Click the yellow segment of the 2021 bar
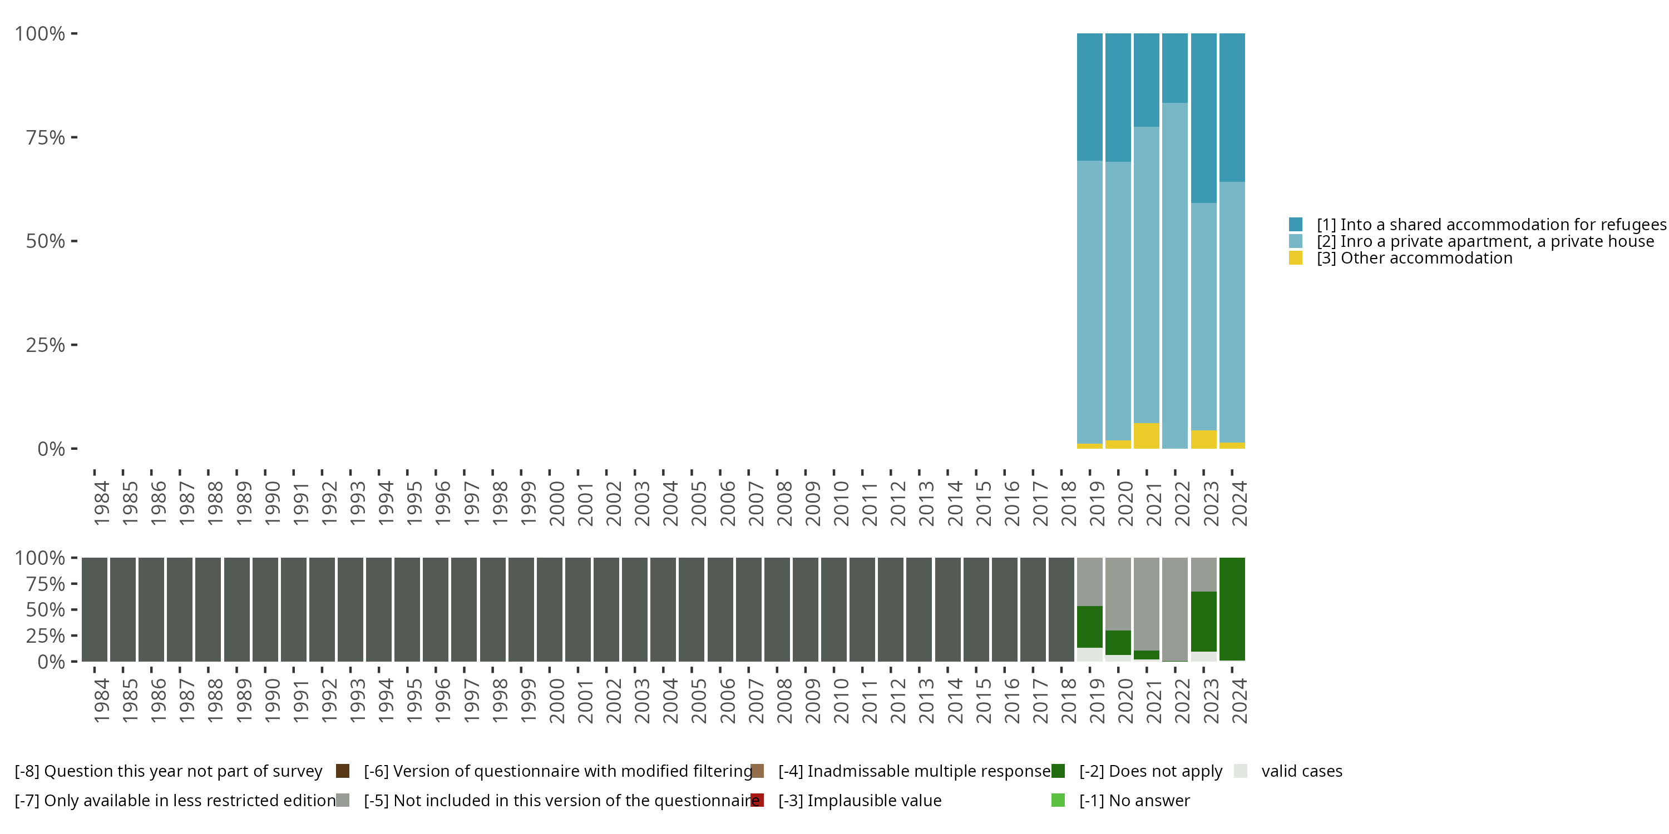pos(1146,436)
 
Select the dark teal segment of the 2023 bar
pos(1203,118)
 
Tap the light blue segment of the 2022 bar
pos(1174,275)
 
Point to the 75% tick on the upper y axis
pos(46,137)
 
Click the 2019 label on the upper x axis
pos(1096,503)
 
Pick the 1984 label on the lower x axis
pos(101,701)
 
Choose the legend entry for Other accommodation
pos(1414,259)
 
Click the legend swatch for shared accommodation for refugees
pos(1296,225)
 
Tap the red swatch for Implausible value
pos(757,800)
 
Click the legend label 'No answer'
pos(1134,800)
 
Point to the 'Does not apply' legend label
pos(1150,771)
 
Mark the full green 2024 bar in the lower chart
pos(1232,609)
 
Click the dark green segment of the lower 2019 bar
pos(1089,626)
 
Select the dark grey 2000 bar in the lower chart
pos(550,609)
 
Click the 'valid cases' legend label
pos(1302,771)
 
